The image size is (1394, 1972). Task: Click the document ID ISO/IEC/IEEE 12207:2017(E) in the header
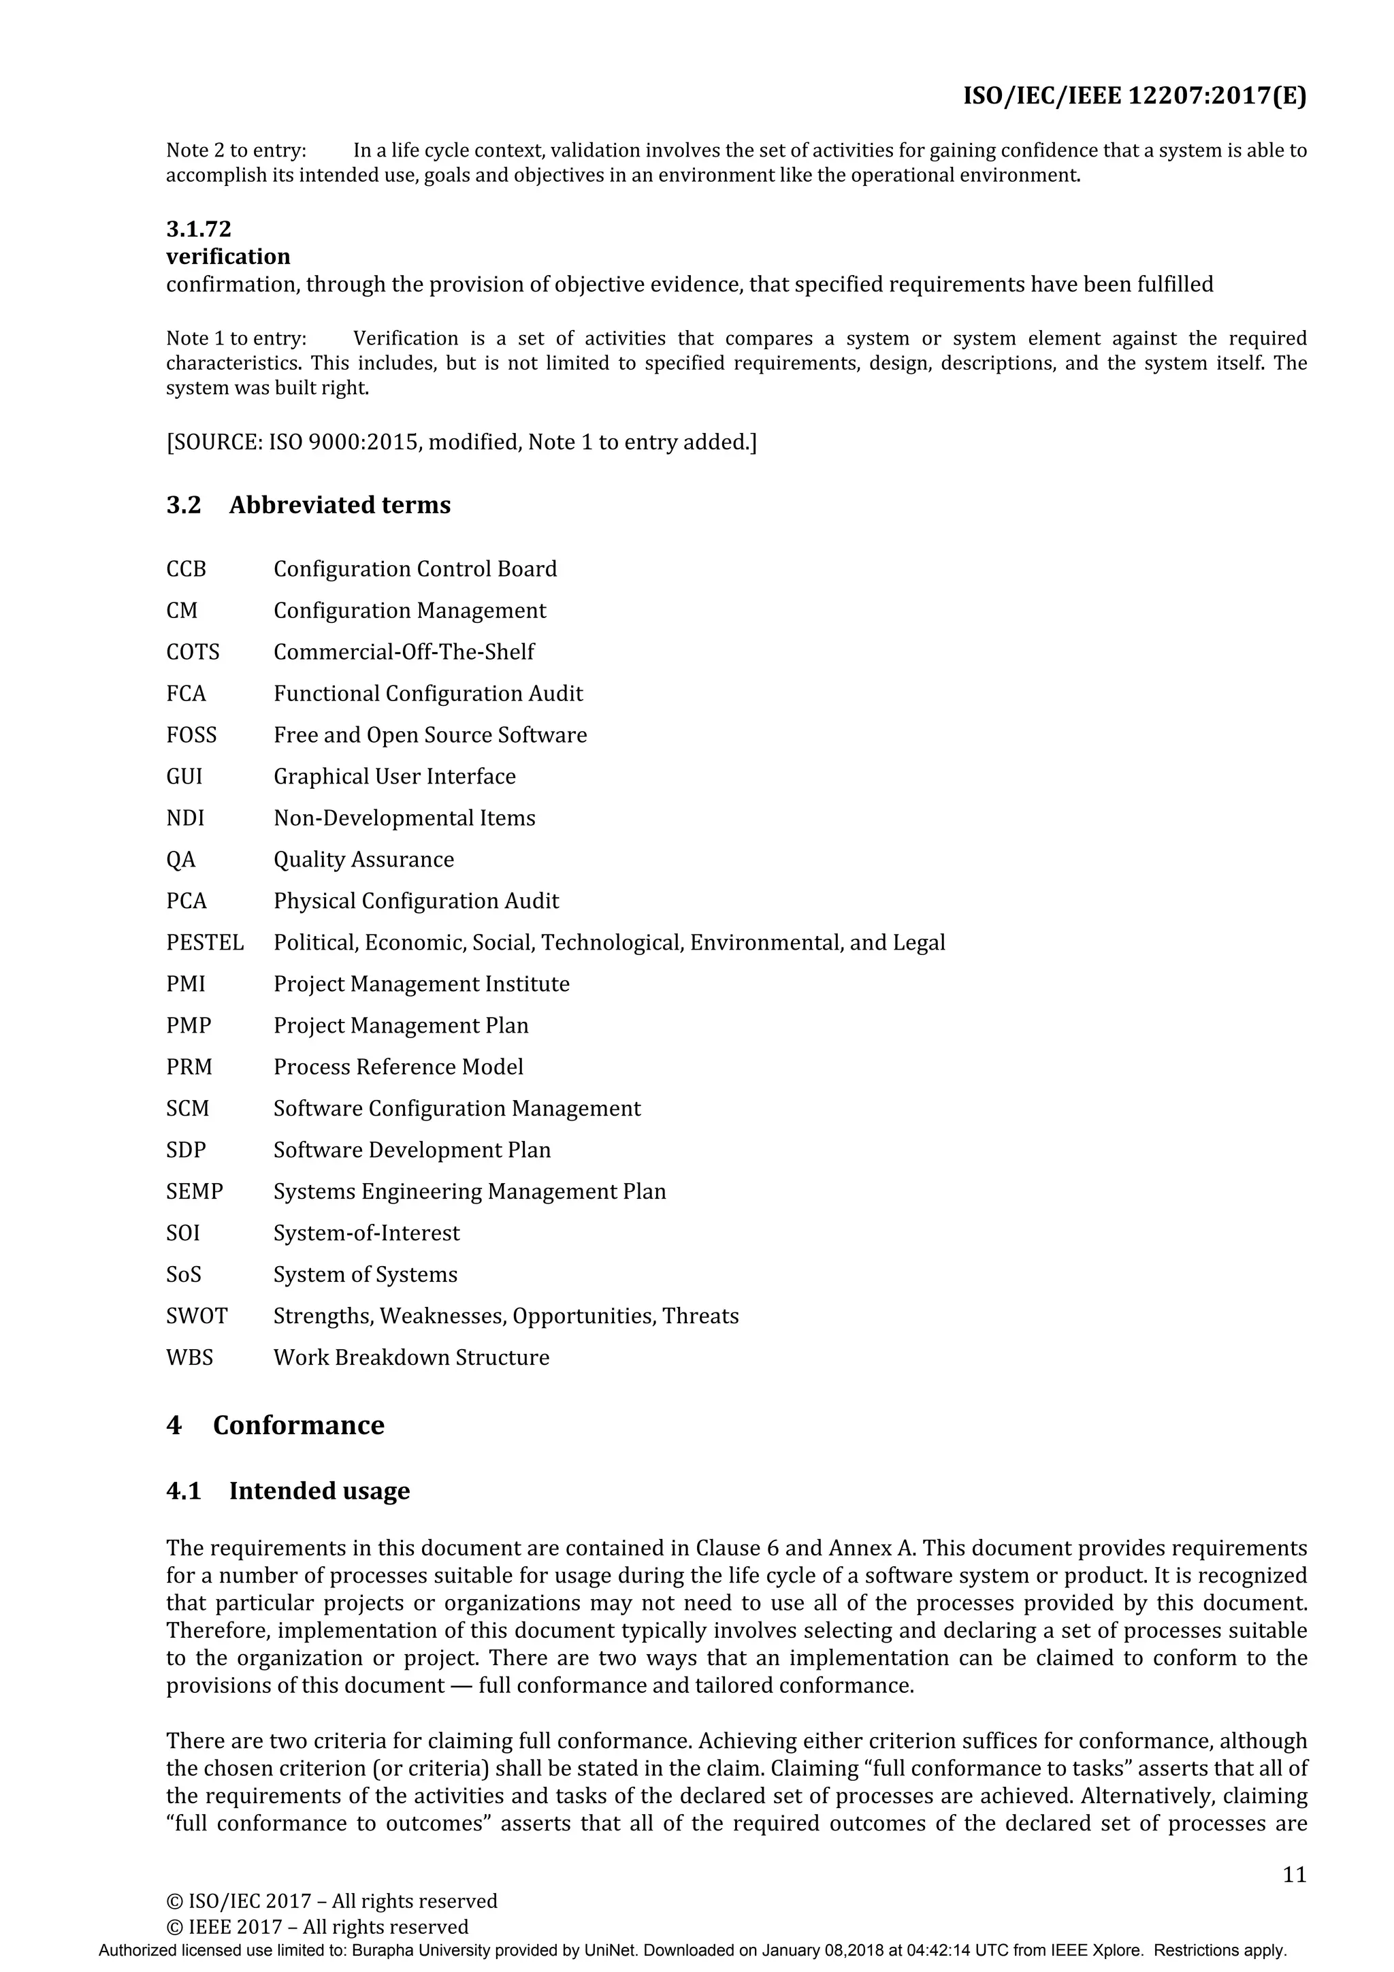point(1134,96)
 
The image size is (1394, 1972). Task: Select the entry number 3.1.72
point(198,229)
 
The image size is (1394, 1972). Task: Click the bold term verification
point(227,257)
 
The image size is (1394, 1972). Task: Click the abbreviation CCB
point(186,570)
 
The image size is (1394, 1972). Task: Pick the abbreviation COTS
point(193,652)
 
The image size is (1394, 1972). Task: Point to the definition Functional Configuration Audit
point(427,694)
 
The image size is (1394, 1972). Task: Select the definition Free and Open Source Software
point(429,735)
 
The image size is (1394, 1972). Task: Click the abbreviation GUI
point(184,777)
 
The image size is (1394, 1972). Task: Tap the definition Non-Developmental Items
point(404,818)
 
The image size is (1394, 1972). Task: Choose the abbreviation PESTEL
point(204,943)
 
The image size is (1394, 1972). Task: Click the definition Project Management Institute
point(421,984)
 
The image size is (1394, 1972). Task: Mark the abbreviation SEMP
point(194,1192)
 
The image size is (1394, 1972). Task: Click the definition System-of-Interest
point(366,1233)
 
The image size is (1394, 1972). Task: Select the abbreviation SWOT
point(197,1316)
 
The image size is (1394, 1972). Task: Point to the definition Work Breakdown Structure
point(410,1358)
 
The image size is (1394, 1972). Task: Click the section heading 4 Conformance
point(275,1426)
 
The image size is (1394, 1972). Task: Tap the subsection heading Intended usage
point(319,1491)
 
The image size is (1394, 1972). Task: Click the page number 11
point(1293,1874)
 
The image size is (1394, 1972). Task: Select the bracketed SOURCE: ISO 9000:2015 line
point(461,442)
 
